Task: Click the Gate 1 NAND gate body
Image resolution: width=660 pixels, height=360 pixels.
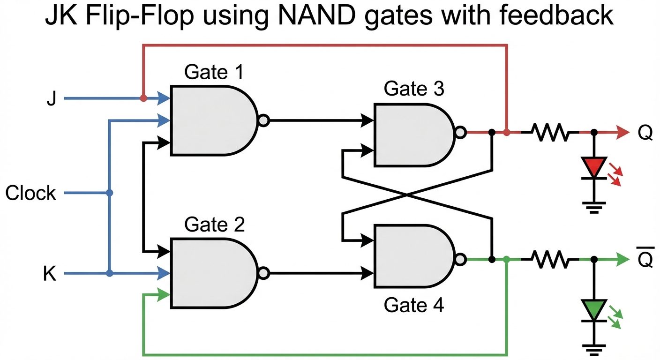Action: [211, 120]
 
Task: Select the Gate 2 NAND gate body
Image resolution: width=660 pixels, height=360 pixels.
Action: [211, 273]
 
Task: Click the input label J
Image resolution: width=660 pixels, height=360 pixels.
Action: [51, 99]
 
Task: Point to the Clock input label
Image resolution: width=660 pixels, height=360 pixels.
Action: [31, 193]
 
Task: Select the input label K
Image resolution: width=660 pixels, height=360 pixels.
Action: [50, 274]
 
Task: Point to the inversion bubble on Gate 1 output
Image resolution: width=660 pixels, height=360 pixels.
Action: [263, 120]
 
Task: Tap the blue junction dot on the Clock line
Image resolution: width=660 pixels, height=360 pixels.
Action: [109, 193]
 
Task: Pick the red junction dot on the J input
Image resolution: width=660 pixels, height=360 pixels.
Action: [143, 99]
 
